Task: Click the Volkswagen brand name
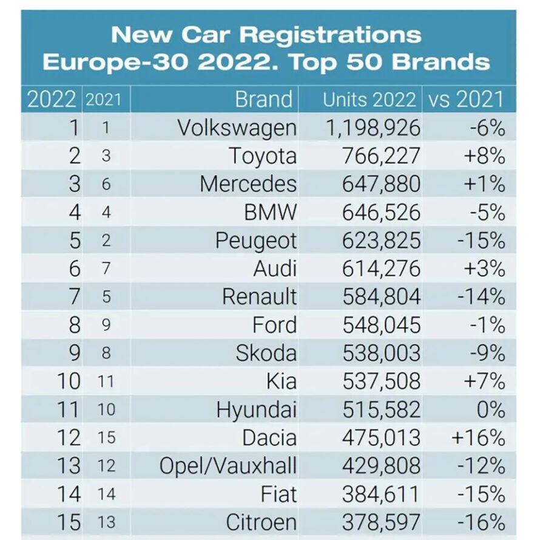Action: point(237,128)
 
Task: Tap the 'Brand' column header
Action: point(263,99)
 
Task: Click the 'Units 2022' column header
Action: point(369,99)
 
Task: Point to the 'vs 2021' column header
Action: point(466,99)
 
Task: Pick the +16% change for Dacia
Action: point(477,437)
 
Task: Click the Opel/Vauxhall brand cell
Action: point(228,466)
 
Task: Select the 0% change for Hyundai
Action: point(490,409)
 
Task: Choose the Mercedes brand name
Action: point(248,184)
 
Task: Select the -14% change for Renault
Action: point(480,297)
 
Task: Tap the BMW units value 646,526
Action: point(381,213)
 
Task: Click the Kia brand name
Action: point(281,381)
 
